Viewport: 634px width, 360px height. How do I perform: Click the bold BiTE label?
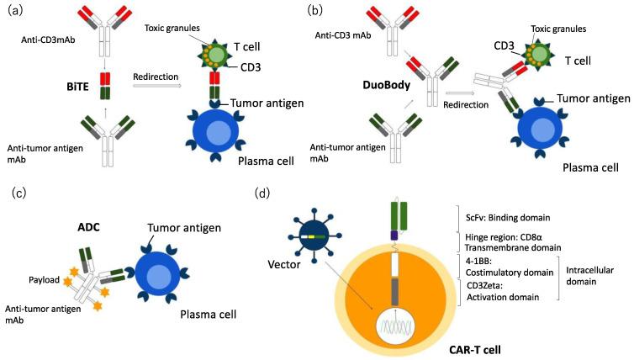pos(77,86)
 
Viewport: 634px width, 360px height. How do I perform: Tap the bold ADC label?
pos(88,227)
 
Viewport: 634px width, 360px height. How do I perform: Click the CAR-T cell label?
pos(475,349)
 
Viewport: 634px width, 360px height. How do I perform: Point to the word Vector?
pos(284,265)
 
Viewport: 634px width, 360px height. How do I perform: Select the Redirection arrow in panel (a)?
pos(158,86)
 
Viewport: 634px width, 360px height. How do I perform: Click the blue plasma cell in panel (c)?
pos(154,277)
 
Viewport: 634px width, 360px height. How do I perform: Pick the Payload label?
pos(44,280)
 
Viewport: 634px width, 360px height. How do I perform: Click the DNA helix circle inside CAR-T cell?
pos(394,326)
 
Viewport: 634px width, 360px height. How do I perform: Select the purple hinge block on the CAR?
pos(394,236)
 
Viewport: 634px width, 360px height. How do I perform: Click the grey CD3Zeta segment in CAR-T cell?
pos(395,292)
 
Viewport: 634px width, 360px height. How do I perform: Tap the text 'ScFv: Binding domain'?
pos(508,218)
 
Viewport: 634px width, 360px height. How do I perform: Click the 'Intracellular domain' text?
pos(589,275)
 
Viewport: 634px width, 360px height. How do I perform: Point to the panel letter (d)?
pos(262,193)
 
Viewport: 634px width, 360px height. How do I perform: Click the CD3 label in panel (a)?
pos(251,66)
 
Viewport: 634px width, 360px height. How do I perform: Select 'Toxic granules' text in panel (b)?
pos(558,29)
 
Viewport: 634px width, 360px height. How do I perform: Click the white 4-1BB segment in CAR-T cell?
pos(395,265)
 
